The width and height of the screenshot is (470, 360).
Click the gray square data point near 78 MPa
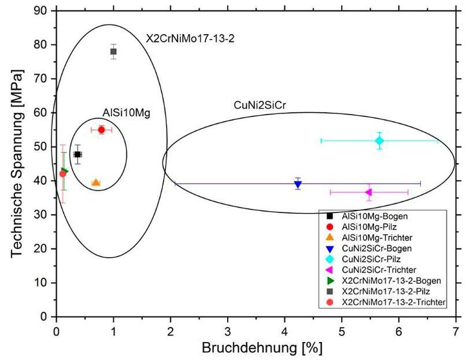113,52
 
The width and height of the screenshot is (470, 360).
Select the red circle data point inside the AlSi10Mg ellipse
101,130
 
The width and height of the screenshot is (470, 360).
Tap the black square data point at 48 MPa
77,154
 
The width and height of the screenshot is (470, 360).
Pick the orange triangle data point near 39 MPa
96,182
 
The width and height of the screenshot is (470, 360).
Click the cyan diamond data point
379,140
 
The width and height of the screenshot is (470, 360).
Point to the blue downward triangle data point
298,184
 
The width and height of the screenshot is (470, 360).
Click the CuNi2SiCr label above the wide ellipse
260,106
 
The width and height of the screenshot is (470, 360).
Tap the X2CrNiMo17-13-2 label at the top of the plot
190,38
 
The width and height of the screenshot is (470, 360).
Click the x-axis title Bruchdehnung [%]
255,349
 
